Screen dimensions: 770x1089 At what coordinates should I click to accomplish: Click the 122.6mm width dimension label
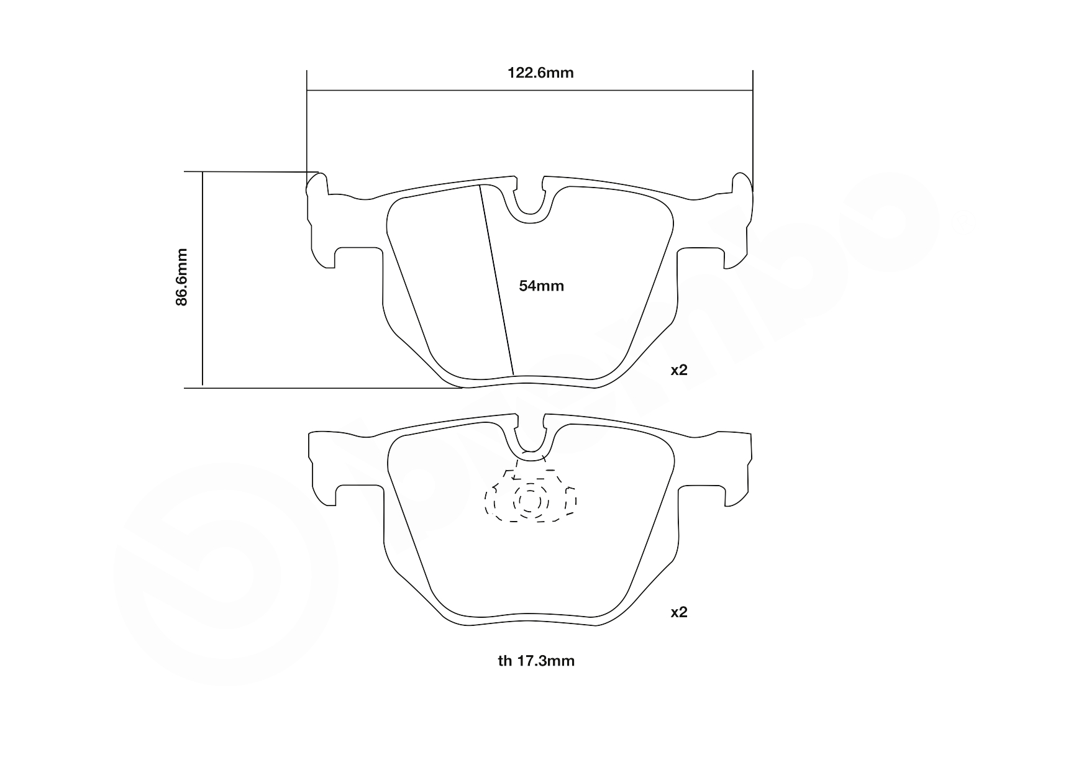[x=540, y=73]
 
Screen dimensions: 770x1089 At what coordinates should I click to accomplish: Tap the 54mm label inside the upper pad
[x=541, y=286]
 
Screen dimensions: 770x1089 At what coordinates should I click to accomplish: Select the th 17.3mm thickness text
[x=536, y=661]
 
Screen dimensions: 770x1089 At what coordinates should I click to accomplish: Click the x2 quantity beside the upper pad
[x=679, y=370]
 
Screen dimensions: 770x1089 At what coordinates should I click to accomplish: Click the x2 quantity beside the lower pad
[x=679, y=612]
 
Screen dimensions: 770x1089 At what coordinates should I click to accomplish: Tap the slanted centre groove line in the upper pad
[x=497, y=279]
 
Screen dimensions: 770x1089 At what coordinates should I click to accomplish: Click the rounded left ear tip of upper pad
[x=317, y=184]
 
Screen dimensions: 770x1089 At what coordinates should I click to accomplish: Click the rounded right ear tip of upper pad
[x=742, y=184]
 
